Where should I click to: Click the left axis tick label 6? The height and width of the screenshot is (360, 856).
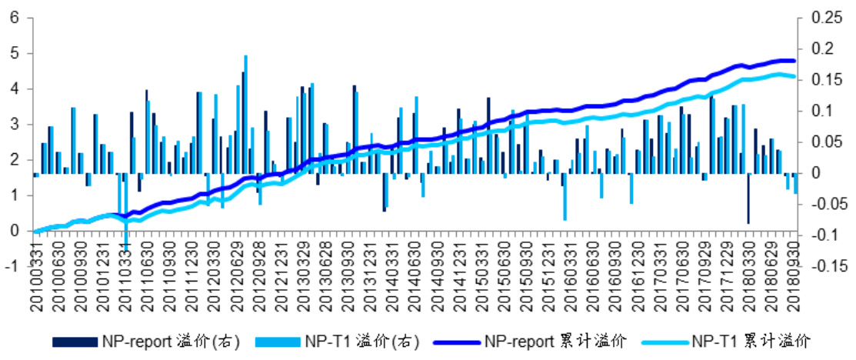point(15,18)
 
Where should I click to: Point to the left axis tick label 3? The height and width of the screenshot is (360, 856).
point(15,124)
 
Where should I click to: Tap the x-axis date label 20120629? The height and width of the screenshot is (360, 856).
point(246,284)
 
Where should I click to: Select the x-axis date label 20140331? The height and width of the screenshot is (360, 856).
point(389,284)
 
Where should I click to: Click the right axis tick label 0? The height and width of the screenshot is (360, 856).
point(804,173)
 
